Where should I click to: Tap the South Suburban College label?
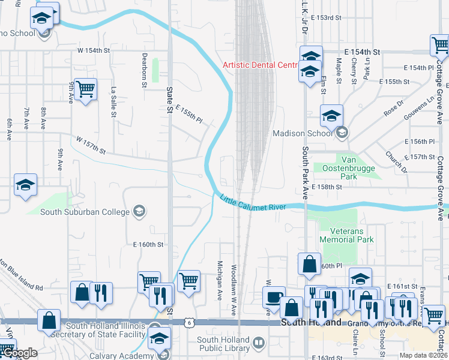click(x=85, y=211)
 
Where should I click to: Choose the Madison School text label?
click(x=303, y=133)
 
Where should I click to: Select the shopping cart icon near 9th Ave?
click(x=86, y=89)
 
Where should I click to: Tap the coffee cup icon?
click(x=274, y=297)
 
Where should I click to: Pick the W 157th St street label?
click(x=91, y=146)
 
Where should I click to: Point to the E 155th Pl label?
click(x=189, y=113)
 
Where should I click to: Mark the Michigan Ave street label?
click(x=220, y=277)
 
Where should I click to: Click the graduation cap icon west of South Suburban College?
click(x=25, y=185)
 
